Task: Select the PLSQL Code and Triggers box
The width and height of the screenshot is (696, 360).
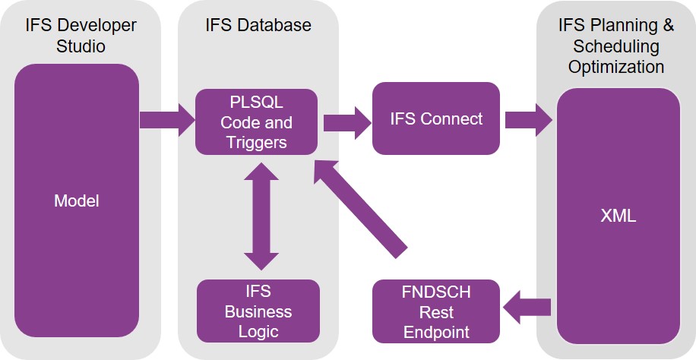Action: [x=255, y=122]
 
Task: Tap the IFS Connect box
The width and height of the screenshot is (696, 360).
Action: [x=435, y=118]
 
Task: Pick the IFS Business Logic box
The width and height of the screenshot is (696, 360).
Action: [x=258, y=311]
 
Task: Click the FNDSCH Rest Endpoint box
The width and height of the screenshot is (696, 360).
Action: [x=435, y=311]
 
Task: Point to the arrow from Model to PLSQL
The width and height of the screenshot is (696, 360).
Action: [x=167, y=120]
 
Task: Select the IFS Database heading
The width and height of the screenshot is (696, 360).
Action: [x=258, y=25]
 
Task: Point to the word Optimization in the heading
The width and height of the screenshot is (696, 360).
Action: [x=616, y=67]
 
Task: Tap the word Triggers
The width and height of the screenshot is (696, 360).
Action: [x=256, y=141]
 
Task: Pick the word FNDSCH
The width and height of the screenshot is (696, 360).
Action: [x=436, y=292]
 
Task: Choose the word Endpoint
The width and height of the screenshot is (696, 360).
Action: [x=436, y=331]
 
